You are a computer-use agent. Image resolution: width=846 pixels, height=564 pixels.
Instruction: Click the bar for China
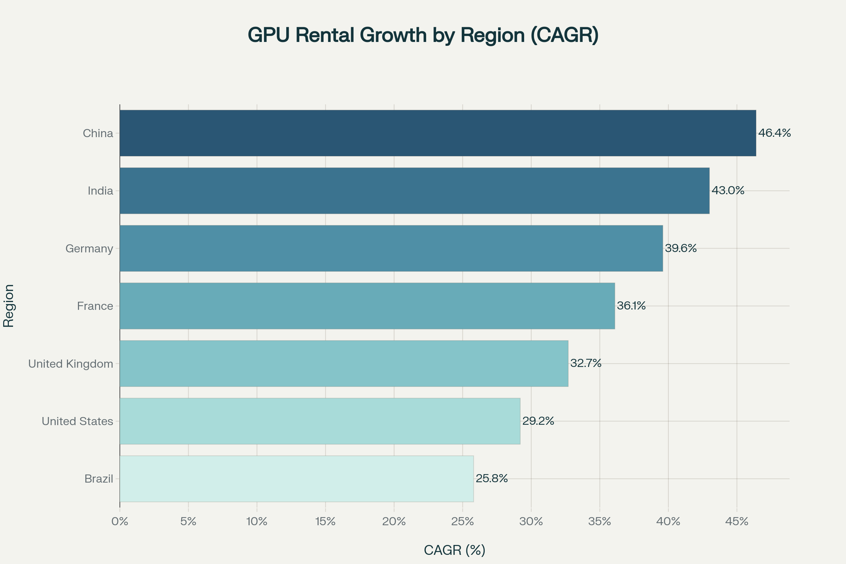click(x=438, y=133)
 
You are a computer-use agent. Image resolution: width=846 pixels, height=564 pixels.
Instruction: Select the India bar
click(x=415, y=191)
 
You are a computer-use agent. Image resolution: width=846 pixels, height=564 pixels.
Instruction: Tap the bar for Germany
click(x=391, y=248)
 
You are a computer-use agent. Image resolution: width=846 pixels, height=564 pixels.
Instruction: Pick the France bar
click(x=367, y=306)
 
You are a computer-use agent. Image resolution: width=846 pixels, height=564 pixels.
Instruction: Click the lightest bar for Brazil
click(x=296, y=479)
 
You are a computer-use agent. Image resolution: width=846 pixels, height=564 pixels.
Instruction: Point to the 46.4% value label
click(x=774, y=133)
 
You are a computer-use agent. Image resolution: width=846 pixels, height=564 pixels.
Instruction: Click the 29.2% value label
click(x=538, y=421)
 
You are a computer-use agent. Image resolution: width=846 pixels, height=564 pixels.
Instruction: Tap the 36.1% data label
click(x=631, y=306)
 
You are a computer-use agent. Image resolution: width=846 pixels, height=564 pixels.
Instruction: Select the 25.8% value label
click(x=492, y=478)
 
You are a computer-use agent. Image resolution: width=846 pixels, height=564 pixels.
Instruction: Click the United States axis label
click(x=77, y=421)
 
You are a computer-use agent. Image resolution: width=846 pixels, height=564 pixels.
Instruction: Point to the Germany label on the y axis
click(x=89, y=249)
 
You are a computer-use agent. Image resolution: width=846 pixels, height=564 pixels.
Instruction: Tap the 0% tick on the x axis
click(x=120, y=522)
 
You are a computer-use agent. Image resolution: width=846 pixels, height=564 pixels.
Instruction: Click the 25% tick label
click(x=462, y=522)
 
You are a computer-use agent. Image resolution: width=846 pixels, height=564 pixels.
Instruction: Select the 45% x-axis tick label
click(x=737, y=522)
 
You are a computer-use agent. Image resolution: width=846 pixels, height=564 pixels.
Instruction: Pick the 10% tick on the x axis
click(x=257, y=522)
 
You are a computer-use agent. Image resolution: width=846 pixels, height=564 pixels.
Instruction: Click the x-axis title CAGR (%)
click(x=455, y=550)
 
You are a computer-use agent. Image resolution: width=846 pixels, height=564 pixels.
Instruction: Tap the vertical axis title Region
click(x=8, y=306)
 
